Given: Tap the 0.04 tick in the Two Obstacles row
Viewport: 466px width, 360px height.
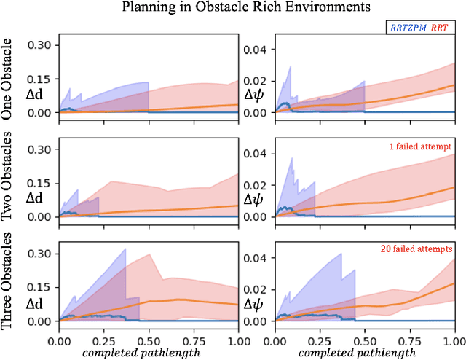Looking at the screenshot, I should [257, 154].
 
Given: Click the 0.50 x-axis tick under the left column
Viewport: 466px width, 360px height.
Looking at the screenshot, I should [149, 340].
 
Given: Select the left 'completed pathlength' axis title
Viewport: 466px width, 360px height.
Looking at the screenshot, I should [149, 353].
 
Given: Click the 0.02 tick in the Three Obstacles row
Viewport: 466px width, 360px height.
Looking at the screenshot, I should [257, 289].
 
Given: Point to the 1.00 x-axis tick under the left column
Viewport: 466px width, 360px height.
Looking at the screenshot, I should [238, 340].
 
